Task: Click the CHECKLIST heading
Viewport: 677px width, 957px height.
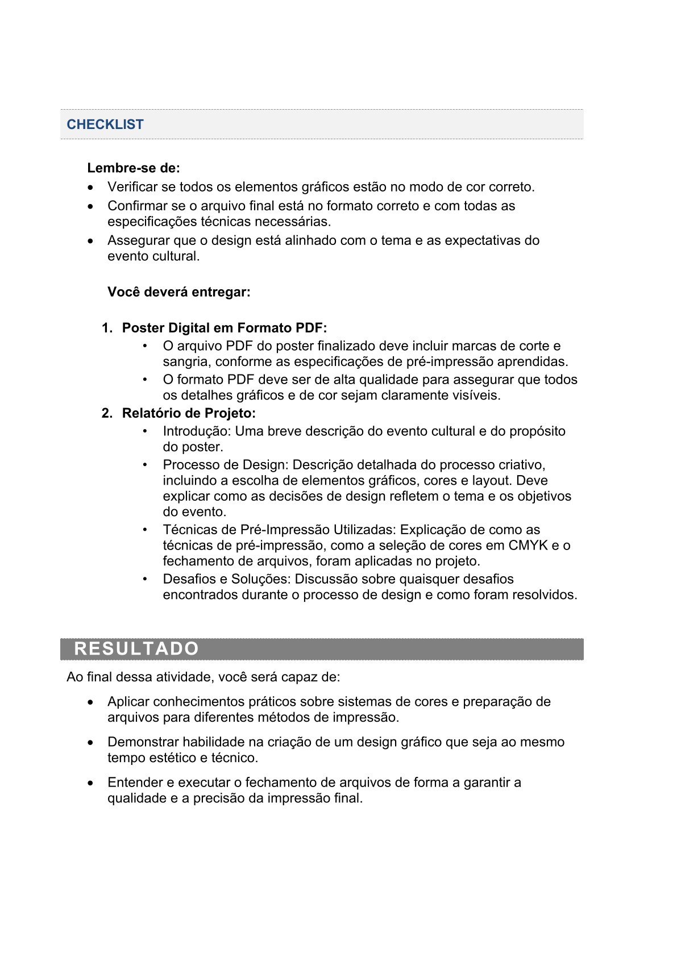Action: (105, 124)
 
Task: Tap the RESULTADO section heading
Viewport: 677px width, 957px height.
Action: (136, 649)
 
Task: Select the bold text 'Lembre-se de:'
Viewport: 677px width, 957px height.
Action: (134, 168)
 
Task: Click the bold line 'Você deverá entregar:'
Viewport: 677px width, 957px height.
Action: (179, 292)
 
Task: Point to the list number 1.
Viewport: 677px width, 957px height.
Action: (106, 328)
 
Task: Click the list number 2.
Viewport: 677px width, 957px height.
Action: (106, 413)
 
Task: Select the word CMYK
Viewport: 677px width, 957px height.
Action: (528, 546)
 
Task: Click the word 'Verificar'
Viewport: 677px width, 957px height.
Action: (132, 187)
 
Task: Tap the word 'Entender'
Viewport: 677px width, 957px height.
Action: (134, 783)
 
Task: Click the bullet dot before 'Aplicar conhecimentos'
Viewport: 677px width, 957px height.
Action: (91, 702)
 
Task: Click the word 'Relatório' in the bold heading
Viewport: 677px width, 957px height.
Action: (149, 413)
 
